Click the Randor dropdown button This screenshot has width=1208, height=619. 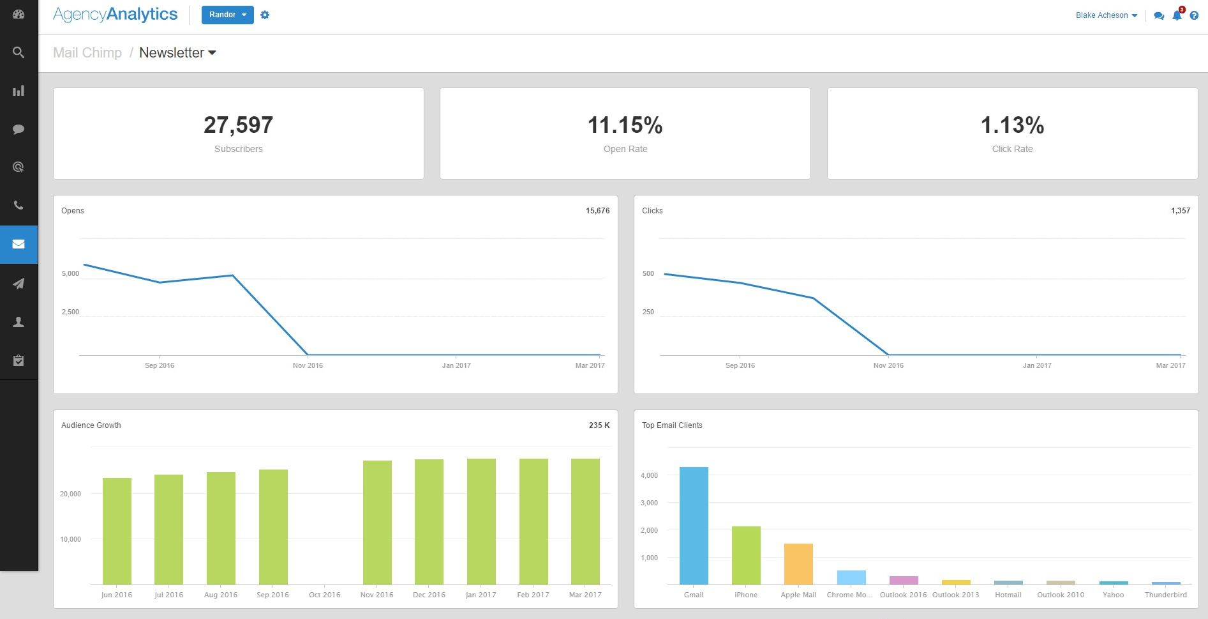click(x=227, y=15)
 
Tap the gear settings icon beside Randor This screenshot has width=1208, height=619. click(x=265, y=15)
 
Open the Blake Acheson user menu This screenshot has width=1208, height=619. click(x=1106, y=15)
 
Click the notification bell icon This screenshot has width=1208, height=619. click(x=1177, y=15)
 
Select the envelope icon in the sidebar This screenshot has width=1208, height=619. click(x=19, y=245)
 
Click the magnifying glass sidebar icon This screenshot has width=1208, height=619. click(x=19, y=52)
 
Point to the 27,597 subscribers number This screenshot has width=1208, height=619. click(x=238, y=125)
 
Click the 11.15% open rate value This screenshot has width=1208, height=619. click(x=625, y=125)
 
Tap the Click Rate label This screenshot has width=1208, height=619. click(x=1012, y=149)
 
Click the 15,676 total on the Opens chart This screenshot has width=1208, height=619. click(x=597, y=211)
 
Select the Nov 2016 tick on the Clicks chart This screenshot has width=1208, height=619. click(x=888, y=365)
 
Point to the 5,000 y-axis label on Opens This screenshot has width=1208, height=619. click(x=70, y=273)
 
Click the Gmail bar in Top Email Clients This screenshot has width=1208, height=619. click(x=694, y=525)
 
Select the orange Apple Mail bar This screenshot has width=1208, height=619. click(x=798, y=563)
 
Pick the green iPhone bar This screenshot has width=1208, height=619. click(x=746, y=555)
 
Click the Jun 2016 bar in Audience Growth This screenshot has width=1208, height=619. click(x=117, y=531)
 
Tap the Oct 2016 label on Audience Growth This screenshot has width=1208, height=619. click(x=324, y=595)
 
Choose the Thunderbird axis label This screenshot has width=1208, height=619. click(x=1165, y=595)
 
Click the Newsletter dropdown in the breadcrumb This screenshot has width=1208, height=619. click(x=177, y=53)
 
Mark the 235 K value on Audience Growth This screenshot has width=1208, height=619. click(x=599, y=425)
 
